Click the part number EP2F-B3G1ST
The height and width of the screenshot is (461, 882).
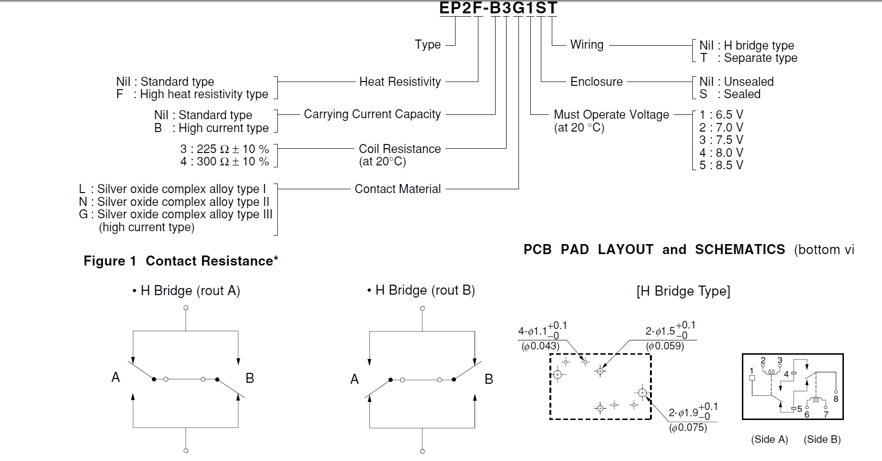(x=498, y=8)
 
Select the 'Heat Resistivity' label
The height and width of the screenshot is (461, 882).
(x=400, y=82)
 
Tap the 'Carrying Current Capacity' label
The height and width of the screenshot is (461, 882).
(x=372, y=114)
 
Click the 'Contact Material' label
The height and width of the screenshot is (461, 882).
(x=397, y=189)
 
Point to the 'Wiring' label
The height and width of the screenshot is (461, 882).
(x=587, y=45)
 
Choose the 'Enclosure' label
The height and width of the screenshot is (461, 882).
(x=596, y=82)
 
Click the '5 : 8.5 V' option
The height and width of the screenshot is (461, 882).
(x=721, y=165)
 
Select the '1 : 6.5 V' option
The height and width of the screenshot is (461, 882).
(x=721, y=115)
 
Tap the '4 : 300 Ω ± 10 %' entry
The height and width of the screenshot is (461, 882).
(x=224, y=162)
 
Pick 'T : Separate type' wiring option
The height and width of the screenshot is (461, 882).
(x=748, y=58)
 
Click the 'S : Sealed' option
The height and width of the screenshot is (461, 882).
(x=730, y=94)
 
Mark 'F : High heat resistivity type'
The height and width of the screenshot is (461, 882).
(x=192, y=94)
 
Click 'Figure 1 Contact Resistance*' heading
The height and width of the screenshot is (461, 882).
(x=181, y=261)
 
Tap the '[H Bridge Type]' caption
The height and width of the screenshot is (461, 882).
(x=683, y=291)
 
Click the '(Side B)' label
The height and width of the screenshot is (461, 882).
(x=822, y=440)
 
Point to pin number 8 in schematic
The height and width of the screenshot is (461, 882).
(x=836, y=399)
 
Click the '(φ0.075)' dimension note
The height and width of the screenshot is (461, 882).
(x=688, y=428)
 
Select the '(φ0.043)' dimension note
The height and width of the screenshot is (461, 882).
(x=540, y=346)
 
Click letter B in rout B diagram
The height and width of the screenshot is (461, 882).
(x=488, y=379)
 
